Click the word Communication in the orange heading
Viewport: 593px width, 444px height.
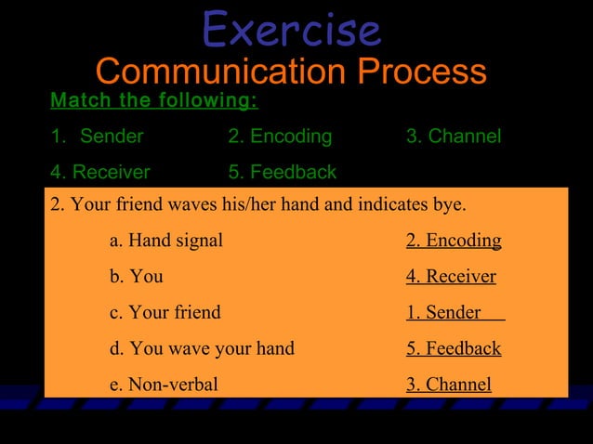pyautogui.click(x=222, y=72)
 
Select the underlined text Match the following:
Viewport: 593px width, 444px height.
pyautogui.click(x=154, y=100)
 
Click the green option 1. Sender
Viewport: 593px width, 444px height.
pyautogui.click(x=99, y=137)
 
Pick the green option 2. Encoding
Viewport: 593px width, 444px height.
pyautogui.click(x=280, y=137)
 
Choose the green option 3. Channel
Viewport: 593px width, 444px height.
pyautogui.click(x=454, y=137)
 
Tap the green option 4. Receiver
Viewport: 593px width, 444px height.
pyautogui.click(x=100, y=172)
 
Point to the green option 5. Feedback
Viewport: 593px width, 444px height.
pyautogui.click(x=282, y=172)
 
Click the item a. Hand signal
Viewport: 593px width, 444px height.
pyautogui.click(x=166, y=241)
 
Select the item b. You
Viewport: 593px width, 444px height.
pyautogui.click(x=137, y=277)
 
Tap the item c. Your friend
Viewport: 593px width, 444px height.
pyautogui.click(x=165, y=312)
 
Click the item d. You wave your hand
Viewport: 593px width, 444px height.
pyautogui.click(x=202, y=348)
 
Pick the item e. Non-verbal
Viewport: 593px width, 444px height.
pyautogui.click(x=164, y=384)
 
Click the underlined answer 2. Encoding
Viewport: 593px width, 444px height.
pyautogui.click(x=454, y=241)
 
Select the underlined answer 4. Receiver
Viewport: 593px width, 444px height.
pyautogui.click(x=451, y=277)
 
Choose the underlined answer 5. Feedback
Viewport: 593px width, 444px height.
pyautogui.click(x=454, y=348)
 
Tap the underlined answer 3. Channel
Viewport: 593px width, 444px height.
pyautogui.click(x=449, y=384)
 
